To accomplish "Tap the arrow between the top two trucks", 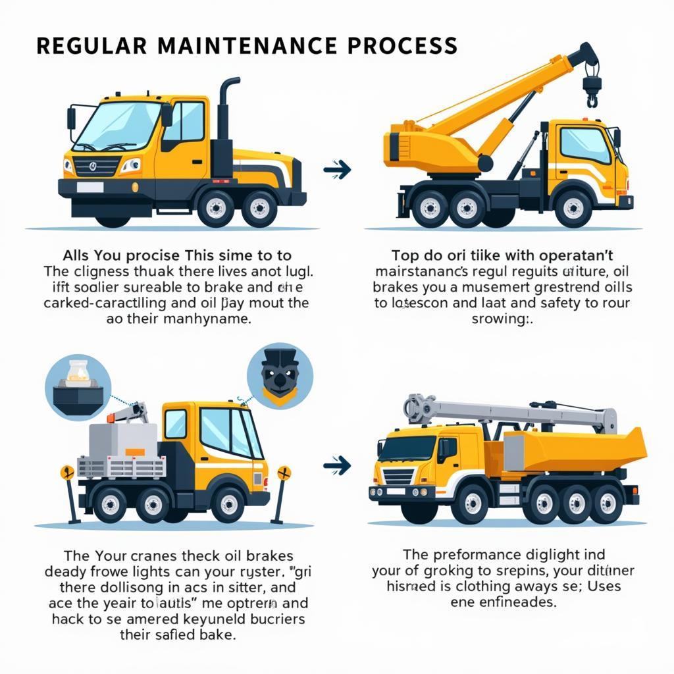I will pos(337,170).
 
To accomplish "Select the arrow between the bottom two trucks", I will pos(337,466).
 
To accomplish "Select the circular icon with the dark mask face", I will pos(280,376).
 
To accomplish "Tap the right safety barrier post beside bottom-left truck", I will pos(282,494).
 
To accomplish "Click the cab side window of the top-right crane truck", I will pos(584,145).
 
